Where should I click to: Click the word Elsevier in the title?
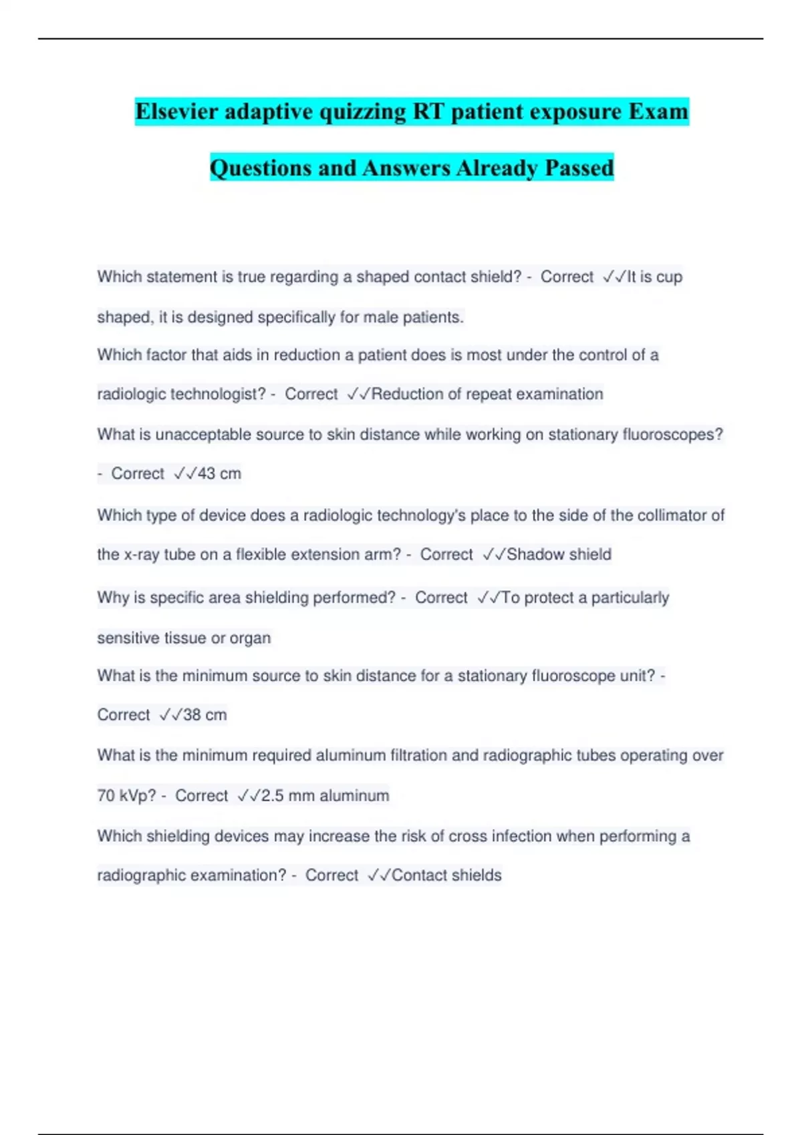point(177,111)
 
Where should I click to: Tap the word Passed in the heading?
point(579,168)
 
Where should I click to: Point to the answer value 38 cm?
point(205,714)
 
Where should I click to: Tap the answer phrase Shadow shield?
point(559,554)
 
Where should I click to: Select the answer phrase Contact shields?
point(446,875)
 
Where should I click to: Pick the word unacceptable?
point(195,435)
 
